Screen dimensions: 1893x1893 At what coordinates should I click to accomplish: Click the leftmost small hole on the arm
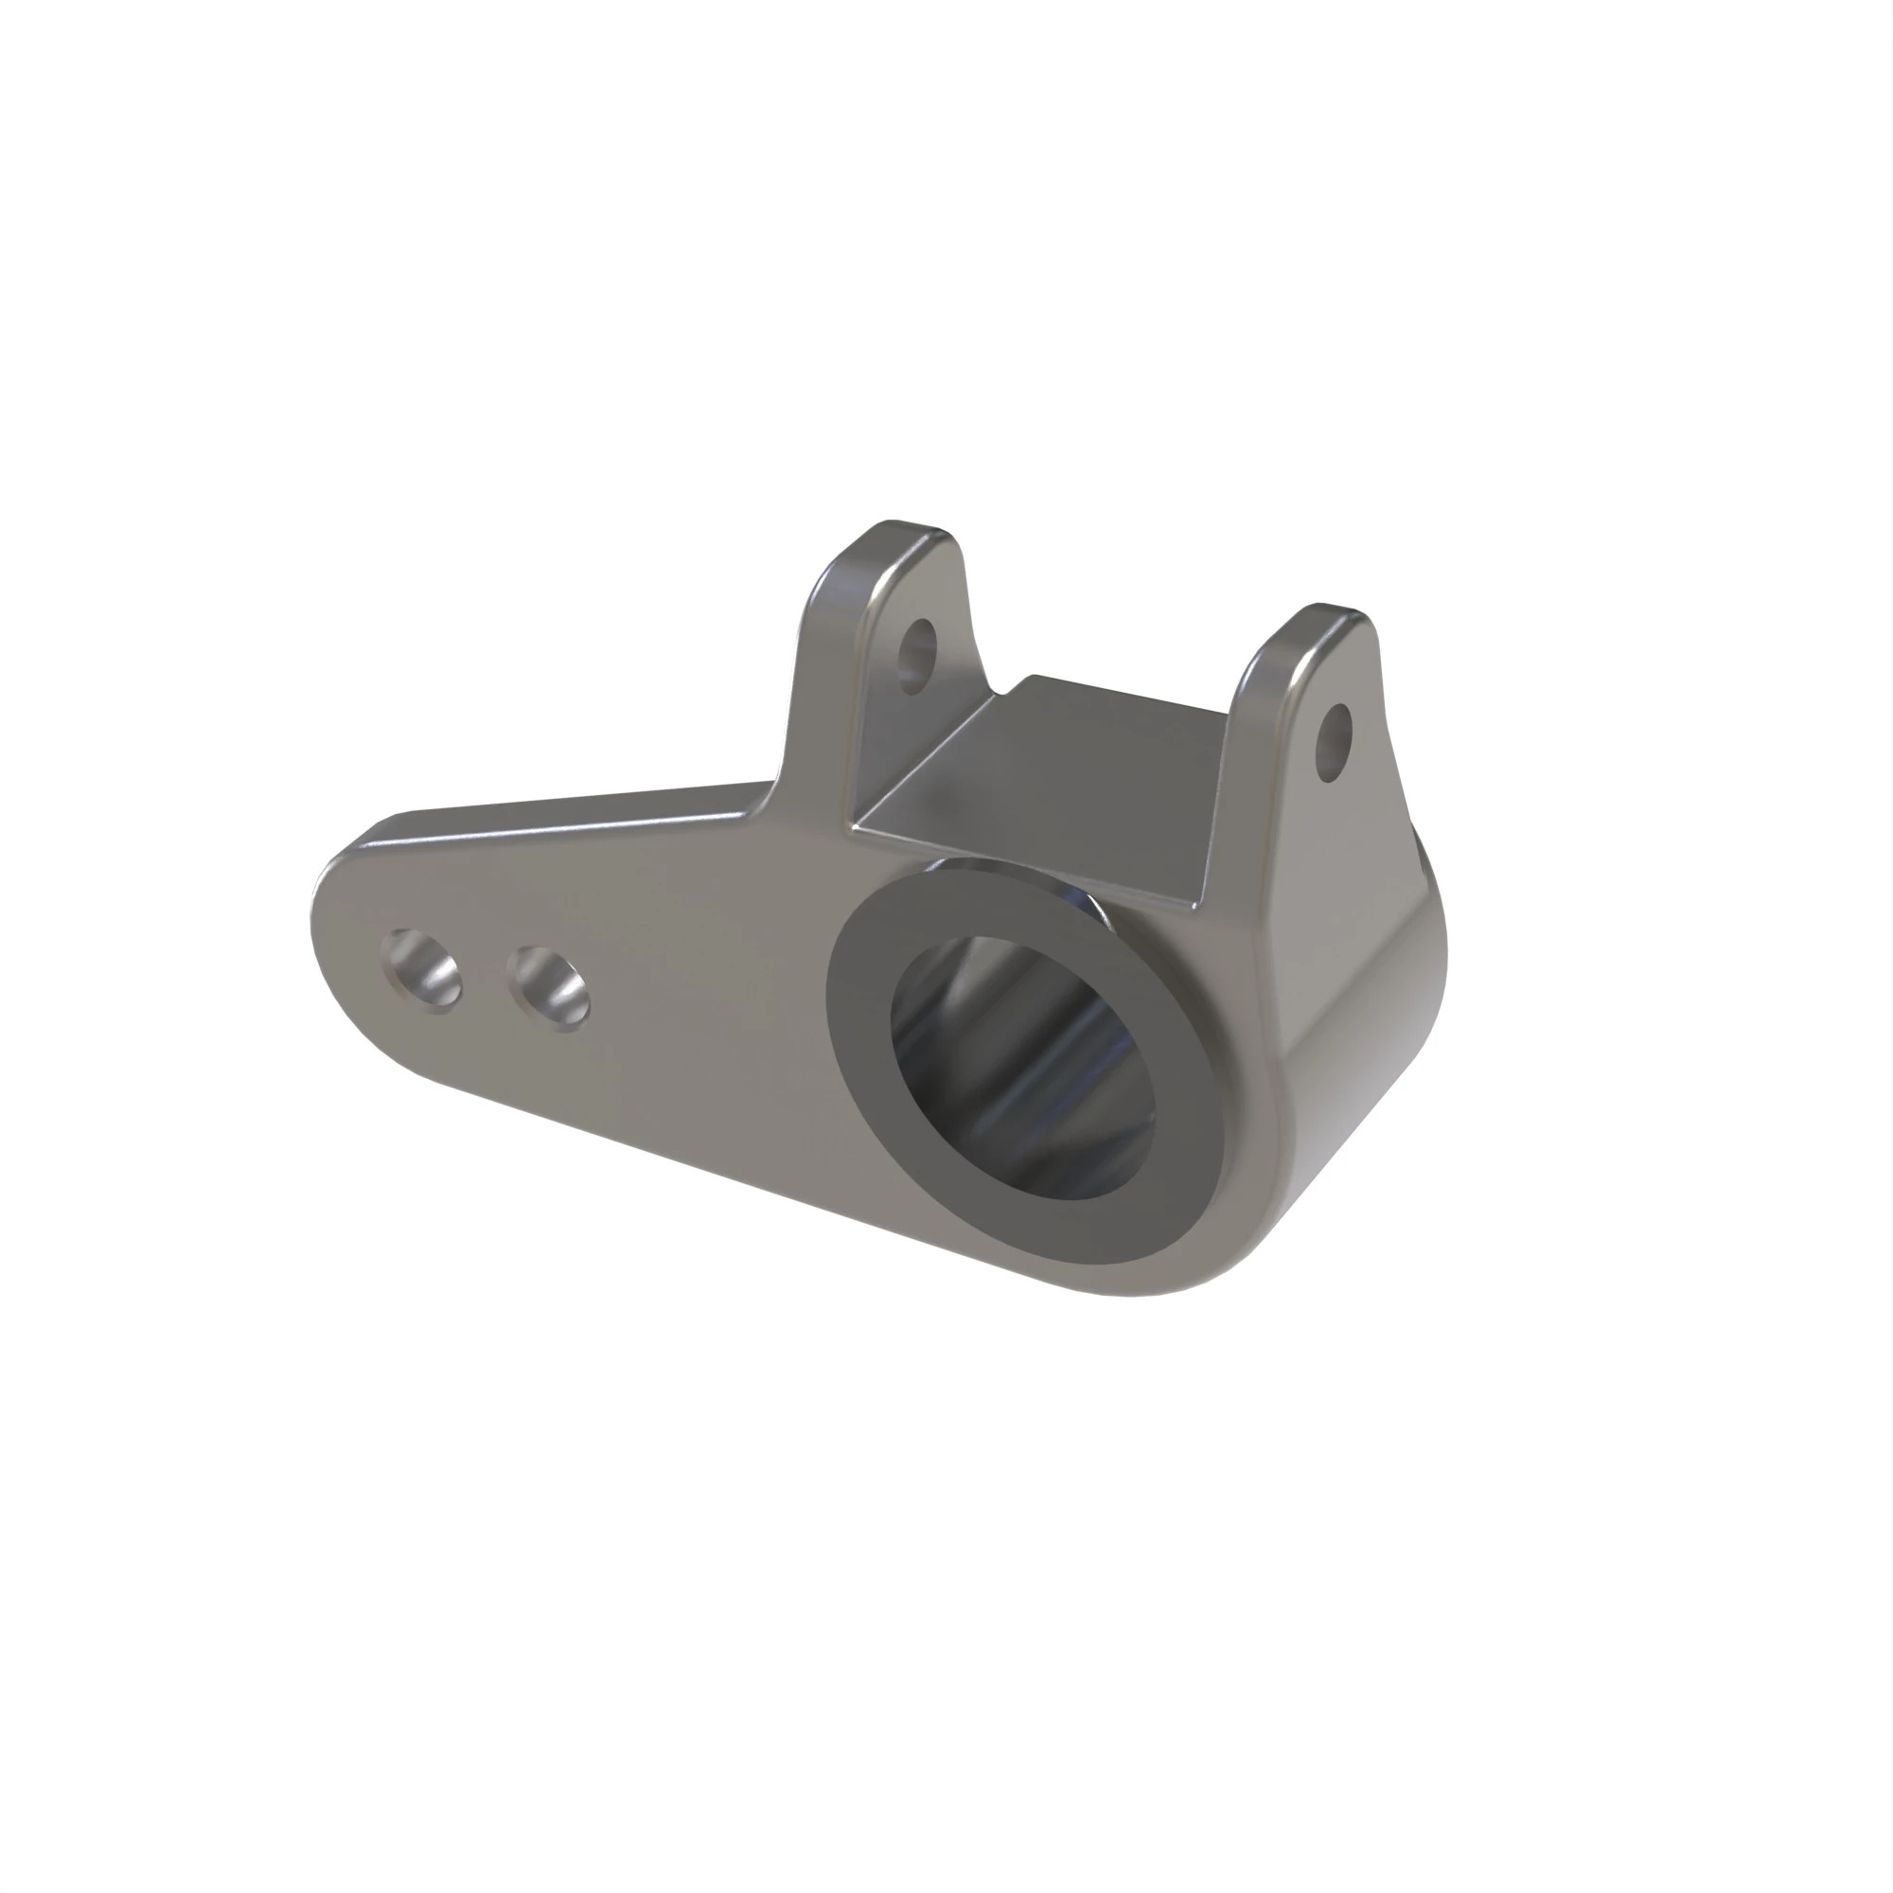[x=422, y=971]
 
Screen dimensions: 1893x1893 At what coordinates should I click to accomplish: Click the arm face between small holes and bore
[x=705, y=1009]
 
